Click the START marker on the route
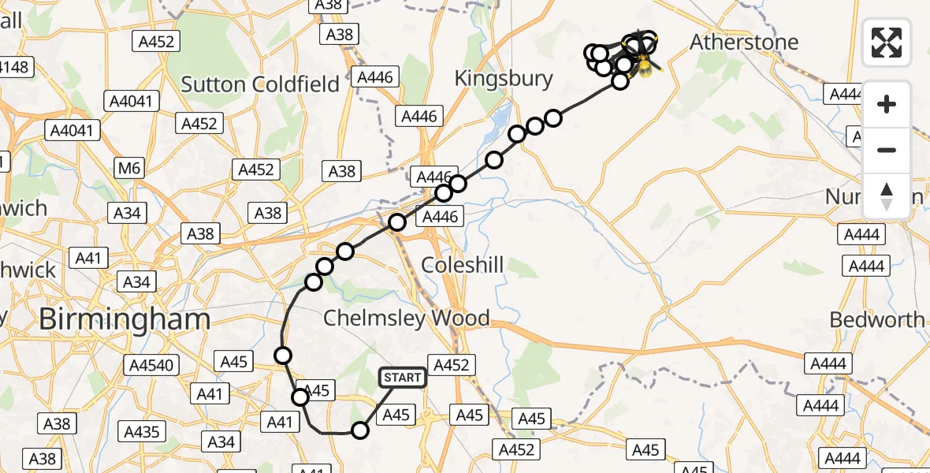pyautogui.click(x=403, y=378)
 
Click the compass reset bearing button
pyautogui.click(x=887, y=196)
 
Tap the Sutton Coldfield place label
pyautogui.click(x=260, y=84)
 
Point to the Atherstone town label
pyautogui.click(x=744, y=43)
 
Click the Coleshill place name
pyautogui.click(x=462, y=265)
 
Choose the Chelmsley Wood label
pyautogui.click(x=407, y=318)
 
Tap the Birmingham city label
pyautogui.click(x=125, y=319)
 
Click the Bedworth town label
pyautogui.click(x=877, y=319)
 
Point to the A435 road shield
pyautogui.click(x=143, y=431)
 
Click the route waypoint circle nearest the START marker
pyautogui.click(x=360, y=430)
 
